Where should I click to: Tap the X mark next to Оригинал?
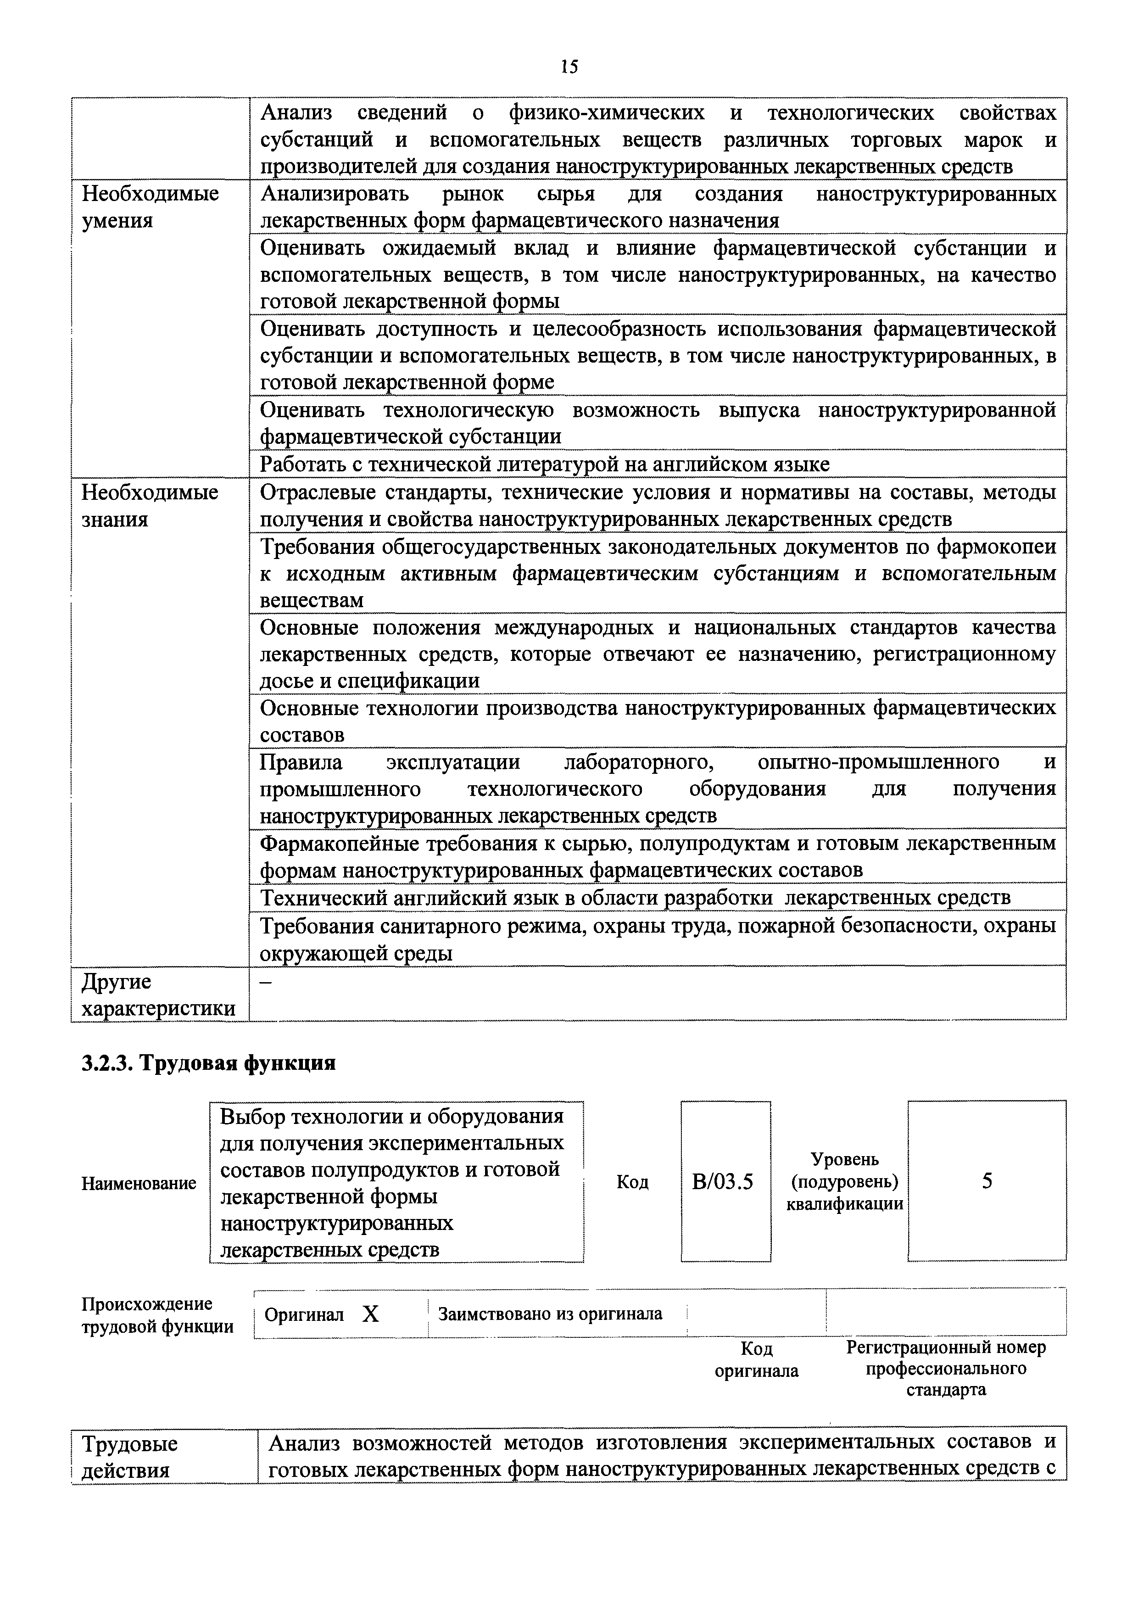pyautogui.click(x=370, y=1314)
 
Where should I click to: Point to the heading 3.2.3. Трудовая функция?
pyautogui.click(x=208, y=1063)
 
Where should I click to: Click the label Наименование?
pyautogui.click(x=139, y=1183)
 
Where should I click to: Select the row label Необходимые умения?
pyautogui.click(x=150, y=207)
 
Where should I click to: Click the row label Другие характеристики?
pyautogui.click(x=158, y=995)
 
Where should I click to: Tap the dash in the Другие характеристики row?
pyautogui.click(x=266, y=983)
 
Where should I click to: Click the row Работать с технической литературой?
pyautogui.click(x=544, y=464)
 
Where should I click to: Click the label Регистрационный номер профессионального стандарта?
pyautogui.click(x=945, y=1368)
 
